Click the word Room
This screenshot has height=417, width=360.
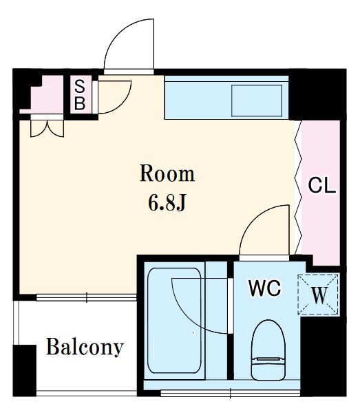pyautogui.click(x=167, y=174)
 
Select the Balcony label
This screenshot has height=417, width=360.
pyautogui.click(x=85, y=347)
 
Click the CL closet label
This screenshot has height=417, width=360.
pyautogui.click(x=321, y=185)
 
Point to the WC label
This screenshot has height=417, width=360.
pyautogui.click(x=265, y=288)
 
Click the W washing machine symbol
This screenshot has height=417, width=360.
pyautogui.click(x=319, y=295)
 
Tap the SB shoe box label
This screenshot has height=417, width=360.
pyautogui.click(x=80, y=95)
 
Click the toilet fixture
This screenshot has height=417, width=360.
pyautogui.click(x=268, y=350)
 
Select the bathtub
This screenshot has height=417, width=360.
pyautogui.click(x=174, y=321)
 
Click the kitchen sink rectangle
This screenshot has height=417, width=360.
pyautogui.click(x=257, y=100)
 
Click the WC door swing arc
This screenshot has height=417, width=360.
pyautogui.click(x=264, y=230)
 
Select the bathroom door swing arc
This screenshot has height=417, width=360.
pyautogui.click(x=200, y=306)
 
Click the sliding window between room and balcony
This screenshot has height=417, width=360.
pyautogui.click(x=87, y=297)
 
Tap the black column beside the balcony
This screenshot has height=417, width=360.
pyautogui.click(x=25, y=370)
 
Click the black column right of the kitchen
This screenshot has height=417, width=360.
pyautogui.click(x=317, y=94)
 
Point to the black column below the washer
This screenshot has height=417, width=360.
pyautogui.click(x=324, y=356)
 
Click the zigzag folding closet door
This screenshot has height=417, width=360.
pyautogui.click(x=298, y=187)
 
